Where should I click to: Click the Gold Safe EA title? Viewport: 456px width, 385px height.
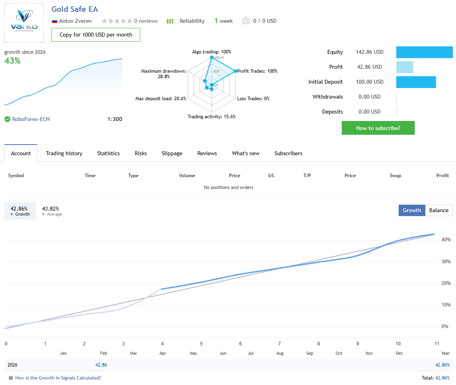click(x=75, y=9)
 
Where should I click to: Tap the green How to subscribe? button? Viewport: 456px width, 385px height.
click(x=378, y=128)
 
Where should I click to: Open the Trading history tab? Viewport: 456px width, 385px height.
click(x=64, y=153)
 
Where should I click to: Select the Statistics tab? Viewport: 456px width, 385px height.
click(x=108, y=153)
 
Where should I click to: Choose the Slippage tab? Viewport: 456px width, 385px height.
click(x=172, y=153)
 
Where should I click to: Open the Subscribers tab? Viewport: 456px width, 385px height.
click(x=288, y=153)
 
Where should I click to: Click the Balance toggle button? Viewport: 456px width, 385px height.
click(x=438, y=210)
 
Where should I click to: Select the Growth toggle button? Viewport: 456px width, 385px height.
click(x=412, y=210)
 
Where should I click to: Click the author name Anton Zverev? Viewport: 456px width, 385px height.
click(x=75, y=21)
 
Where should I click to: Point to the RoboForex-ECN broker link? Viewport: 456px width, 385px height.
click(x=31, y=119)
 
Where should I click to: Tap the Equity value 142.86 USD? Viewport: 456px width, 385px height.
click(x=370, y=52)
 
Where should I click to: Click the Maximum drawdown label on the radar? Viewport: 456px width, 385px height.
click(x=163, y=71)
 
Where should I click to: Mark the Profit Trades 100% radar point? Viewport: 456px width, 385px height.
click(x=236, y=71)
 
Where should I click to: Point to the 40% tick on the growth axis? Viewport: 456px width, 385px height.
click(x=445, y=240)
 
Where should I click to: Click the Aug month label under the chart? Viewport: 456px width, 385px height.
click(x=280, y=353)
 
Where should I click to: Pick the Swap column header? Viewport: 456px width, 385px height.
click(x=395, y=176)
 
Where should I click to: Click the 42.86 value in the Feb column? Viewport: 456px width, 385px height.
click(x=101, y=365)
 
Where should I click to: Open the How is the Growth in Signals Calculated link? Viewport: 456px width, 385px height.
click(x=58, y=378)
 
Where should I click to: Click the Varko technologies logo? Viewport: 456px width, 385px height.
click(x=24, y=22)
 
